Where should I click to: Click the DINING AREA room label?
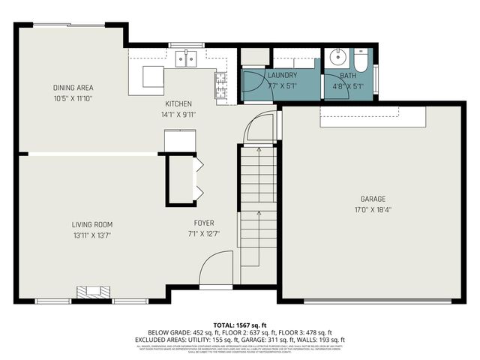73,88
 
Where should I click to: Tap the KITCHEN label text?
178,104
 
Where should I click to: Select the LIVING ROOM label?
97,224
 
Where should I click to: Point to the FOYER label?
203,223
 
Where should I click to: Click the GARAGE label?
373,199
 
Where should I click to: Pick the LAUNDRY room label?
283,76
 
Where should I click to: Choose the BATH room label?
348,76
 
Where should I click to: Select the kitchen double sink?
186,58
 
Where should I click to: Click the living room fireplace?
93,292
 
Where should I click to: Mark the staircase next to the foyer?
259,210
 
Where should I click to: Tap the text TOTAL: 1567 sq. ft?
240,325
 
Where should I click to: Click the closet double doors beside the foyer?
199,180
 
